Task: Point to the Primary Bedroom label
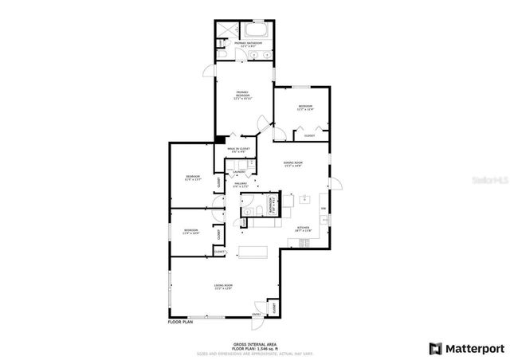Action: pyautogui.click(x=231, y=96)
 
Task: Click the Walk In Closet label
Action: pyautogui.click(x=238, y=150)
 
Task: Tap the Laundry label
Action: pyautogui.click(x=238, y=171)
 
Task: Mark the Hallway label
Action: pyautogui.click(x=241, y=185)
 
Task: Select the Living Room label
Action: pyautogui.click(x=222, y=287)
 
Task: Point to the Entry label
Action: pyautogui.click(x=257, y=315)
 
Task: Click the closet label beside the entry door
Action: pyautogui.click(x=273, y=307)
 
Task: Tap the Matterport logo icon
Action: pyautogui.click(x=435, y=348)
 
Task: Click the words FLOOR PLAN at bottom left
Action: pyautogui.click(x=181, y=323)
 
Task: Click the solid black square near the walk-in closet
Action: pyautogui.click(x=219, y=140)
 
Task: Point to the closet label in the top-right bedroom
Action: pyautogui.click(x=309, y=136)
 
